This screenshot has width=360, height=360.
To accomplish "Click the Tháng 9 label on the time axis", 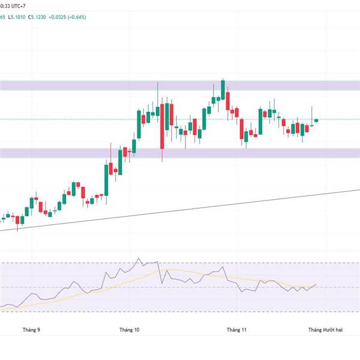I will pos(31,329).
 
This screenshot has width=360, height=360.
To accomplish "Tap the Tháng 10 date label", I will pos(129,329).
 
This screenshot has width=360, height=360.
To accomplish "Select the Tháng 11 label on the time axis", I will pos(236,329).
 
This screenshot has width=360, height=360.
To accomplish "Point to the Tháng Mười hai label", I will pos(325,329).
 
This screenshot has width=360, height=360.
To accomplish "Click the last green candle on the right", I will pos(317,120).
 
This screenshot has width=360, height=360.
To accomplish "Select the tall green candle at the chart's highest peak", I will pos(223,90).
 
